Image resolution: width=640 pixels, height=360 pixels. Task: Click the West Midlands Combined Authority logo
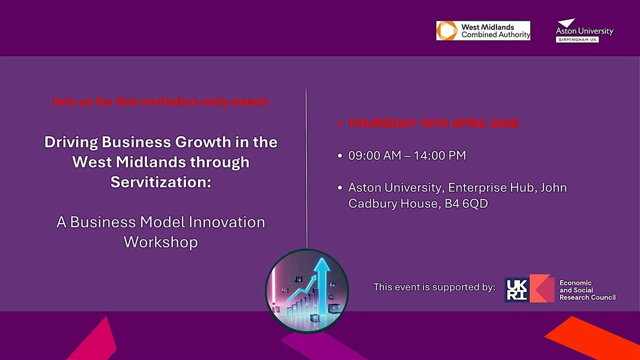click(483, 30)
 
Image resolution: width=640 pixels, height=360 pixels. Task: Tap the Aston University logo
click(585, 30)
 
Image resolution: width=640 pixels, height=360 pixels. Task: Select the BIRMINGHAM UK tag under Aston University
click(578, 39)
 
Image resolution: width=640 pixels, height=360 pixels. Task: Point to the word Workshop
click(161, 242)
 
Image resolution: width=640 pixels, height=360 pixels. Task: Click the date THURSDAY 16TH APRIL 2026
click(433, 123)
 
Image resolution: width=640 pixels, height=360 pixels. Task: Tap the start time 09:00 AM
click(374, 156)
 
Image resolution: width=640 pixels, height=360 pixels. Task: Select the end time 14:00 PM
click(439, 156)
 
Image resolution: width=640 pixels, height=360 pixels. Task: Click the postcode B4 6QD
click(466, 204)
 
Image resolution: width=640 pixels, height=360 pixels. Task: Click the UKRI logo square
click(517, 290)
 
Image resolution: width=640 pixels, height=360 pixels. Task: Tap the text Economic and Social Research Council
click(587, 290)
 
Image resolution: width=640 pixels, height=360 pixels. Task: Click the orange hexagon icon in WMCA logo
click(447, 30)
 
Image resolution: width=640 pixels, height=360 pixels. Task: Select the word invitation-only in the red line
click(185, 102)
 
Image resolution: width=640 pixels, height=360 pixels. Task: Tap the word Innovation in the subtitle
click(227, 222)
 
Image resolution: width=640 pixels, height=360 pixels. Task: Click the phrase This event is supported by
click(435, 287)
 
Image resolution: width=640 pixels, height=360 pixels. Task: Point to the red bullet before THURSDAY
click(340, 124)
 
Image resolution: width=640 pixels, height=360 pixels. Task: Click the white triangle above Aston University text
click(566, 23)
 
